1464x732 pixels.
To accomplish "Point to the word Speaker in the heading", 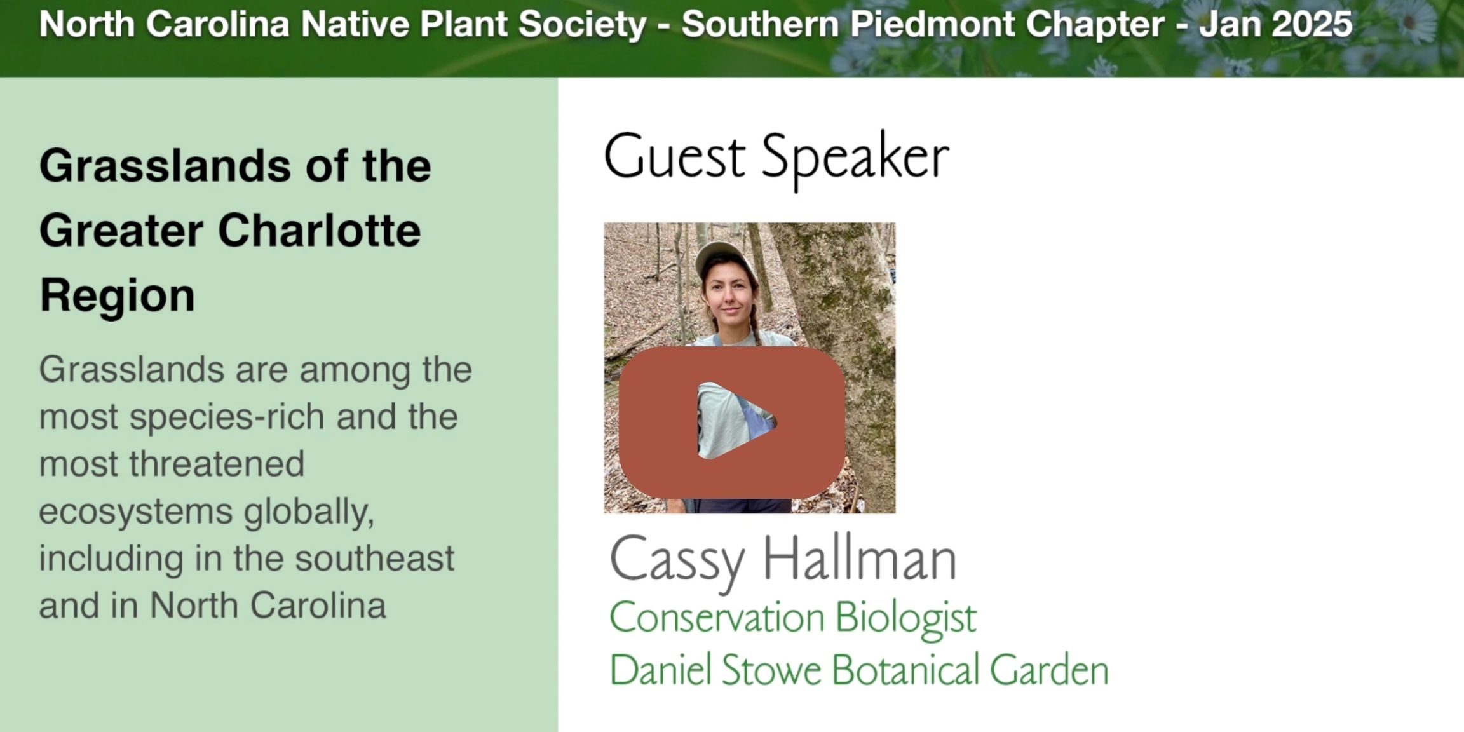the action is pos(855,160).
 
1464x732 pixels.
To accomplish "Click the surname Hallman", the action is pos(859,559).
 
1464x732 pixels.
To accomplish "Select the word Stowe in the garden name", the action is pos(771,670).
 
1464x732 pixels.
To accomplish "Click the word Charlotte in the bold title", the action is pos(320,230).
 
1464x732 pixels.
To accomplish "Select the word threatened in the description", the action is pos(217,463).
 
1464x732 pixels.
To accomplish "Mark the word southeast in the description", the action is pos(375,559).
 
